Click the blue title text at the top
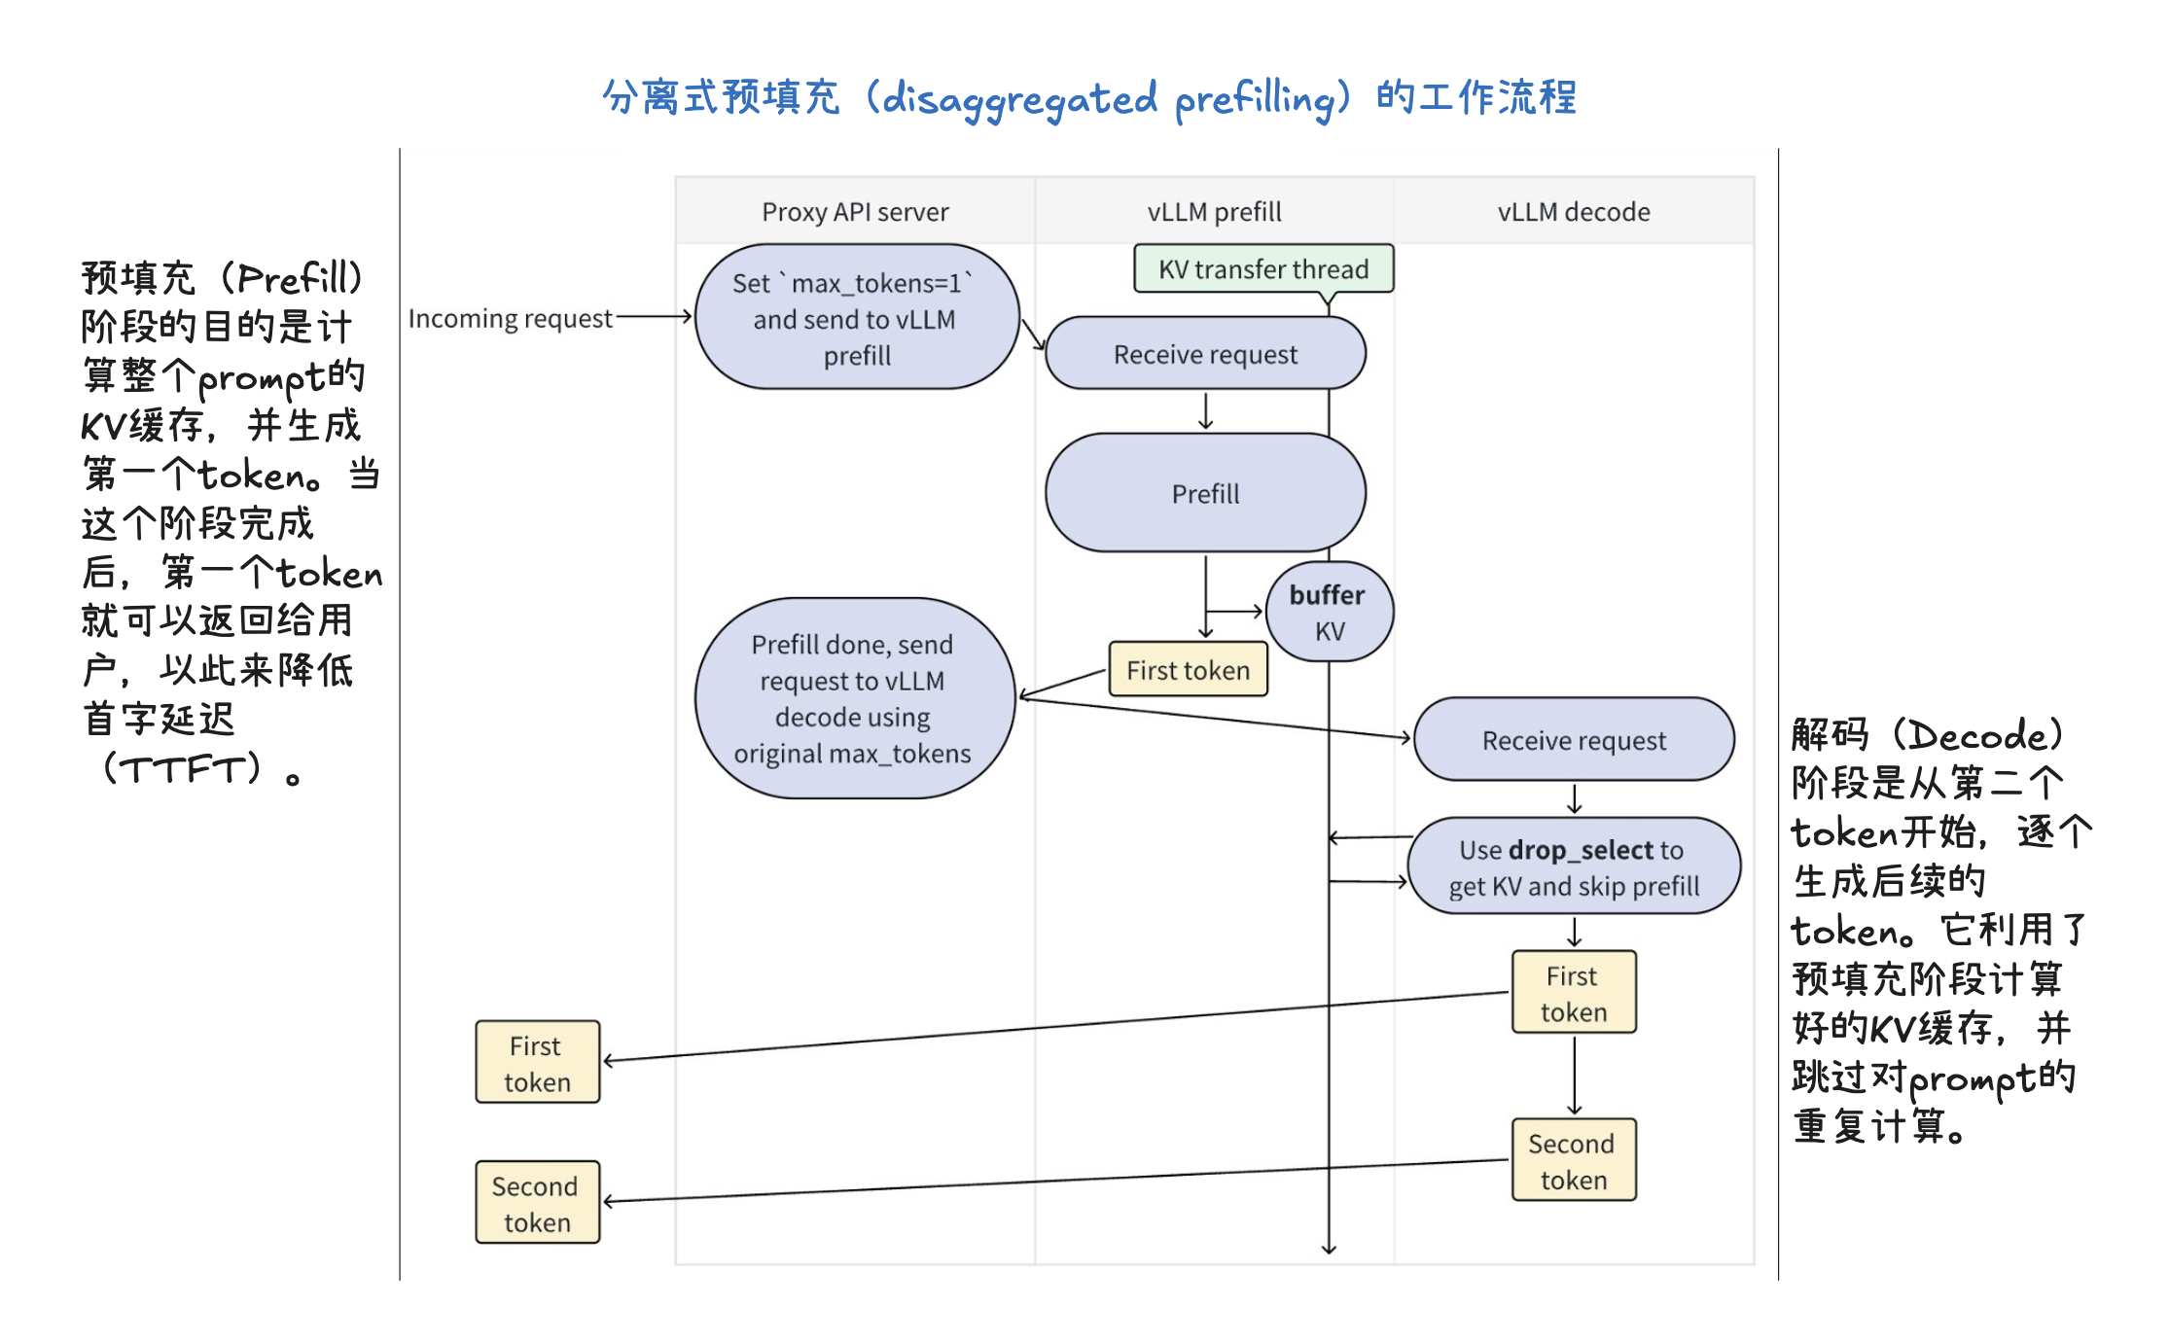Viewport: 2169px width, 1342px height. (x=1089, y=98)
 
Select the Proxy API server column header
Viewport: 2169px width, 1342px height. (x=855, y=212)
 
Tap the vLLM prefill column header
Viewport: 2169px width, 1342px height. (x=1214, y=212)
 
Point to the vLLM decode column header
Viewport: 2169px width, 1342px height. (x=1574, y=212)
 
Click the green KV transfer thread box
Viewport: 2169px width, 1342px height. (x=1263, y=269)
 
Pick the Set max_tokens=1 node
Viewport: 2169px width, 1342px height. (x=857, y=318)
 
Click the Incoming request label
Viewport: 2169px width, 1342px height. (x=510, y=319)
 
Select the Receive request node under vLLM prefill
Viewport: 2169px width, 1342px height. (x=1205, y=354)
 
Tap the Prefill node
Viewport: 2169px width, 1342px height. (x=1205, y=493)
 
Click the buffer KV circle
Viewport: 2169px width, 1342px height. (x=1329, y=613)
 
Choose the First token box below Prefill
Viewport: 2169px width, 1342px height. (x=1188, y=670)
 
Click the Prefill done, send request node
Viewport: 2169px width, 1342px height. (x=853, y=698)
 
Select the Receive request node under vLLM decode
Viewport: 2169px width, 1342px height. (x=1574, y=740)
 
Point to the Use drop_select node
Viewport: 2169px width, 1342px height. (x=1574, y=867)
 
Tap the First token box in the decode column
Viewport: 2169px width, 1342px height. (x=1574, y=993)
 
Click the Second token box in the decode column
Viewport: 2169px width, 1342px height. (x=1574, y=1160)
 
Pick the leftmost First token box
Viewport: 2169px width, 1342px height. (x=537, y=1062)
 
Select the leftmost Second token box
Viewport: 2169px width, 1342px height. (x=537, y=1203)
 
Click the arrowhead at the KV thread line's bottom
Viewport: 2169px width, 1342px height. (x=1329, y=1249)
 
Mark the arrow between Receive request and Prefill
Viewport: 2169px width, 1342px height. (x=1206, y=411)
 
